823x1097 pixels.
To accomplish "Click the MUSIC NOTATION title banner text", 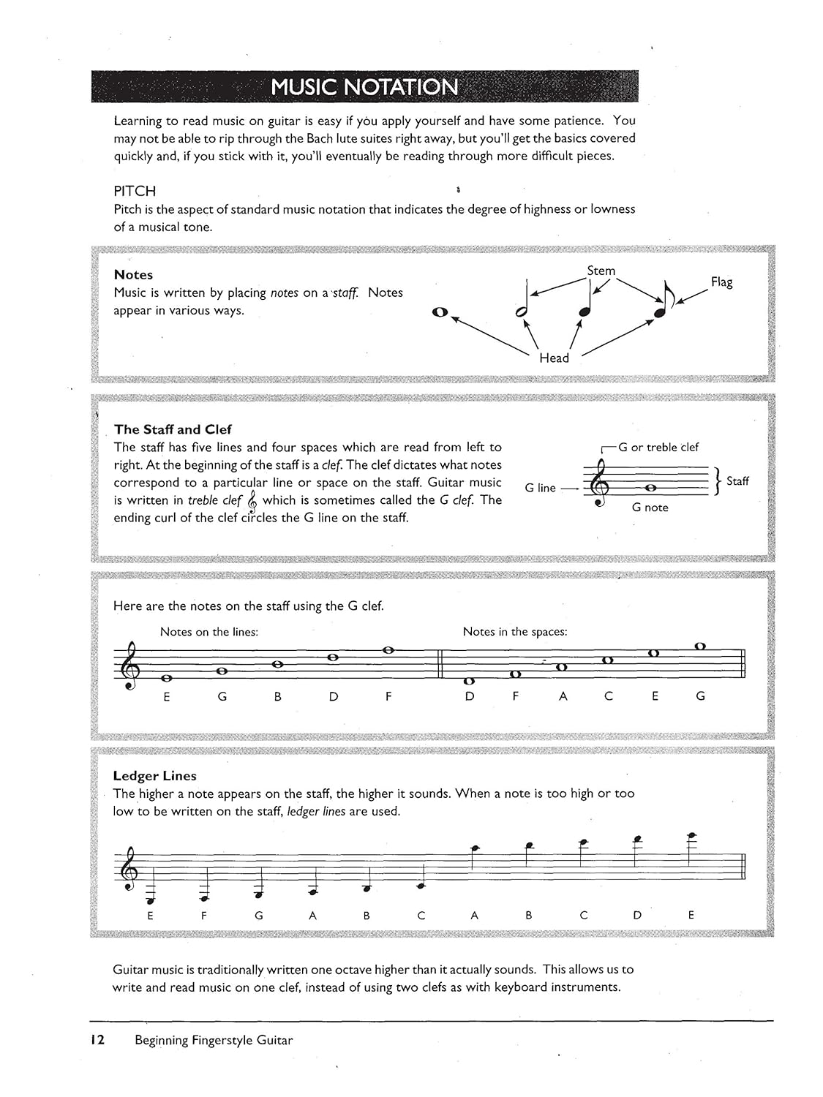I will [x=364, y=87].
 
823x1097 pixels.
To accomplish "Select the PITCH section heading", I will [x=135, y=191].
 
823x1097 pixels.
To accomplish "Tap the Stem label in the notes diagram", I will [x=601, y=271].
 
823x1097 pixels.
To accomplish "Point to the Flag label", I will [x=721, y=282].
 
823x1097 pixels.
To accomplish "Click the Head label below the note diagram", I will [x=554, y=358].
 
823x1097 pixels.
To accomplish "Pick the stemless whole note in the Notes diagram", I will [x=440, y=312].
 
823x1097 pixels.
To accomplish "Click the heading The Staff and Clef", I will [x=173, y=429].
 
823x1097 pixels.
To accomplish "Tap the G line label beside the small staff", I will [x=540, y=488].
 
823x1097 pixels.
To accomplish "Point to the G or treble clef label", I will [x=658, y=447].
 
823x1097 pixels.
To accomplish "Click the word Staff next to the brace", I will [x=737, y=480].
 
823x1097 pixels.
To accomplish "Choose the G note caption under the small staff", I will [x=650, y=508].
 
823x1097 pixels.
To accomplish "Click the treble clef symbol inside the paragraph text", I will [x=252, y=501].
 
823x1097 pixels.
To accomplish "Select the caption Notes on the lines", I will [x=208, y=632].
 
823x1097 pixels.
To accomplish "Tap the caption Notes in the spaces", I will [x=514, y=632].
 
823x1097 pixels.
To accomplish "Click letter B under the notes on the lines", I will [x=278, y=697].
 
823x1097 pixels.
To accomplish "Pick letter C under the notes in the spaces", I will [x=608, y=697].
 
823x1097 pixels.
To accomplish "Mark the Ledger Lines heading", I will [x=154, y=776].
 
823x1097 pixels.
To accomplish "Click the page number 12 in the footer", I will [x=97, y=1040].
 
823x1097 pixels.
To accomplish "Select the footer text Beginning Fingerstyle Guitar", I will [x=214, y=1040].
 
